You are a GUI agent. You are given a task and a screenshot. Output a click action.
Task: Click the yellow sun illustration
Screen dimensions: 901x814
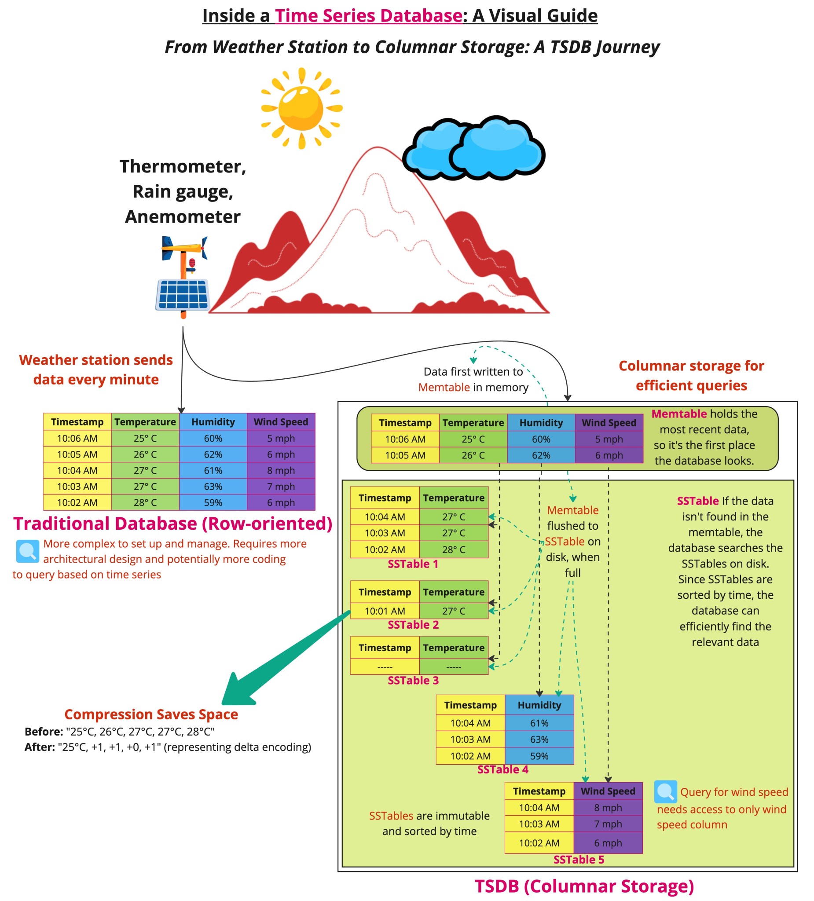(301, 108)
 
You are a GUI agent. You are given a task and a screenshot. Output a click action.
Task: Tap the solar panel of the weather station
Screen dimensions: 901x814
(183, 294)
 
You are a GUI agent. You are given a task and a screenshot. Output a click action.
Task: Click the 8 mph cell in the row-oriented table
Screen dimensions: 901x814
(281, 470)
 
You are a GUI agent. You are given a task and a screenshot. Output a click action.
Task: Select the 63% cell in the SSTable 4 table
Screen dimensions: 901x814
(539, 739)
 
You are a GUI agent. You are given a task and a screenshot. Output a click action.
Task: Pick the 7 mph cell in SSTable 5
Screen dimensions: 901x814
(608, 824)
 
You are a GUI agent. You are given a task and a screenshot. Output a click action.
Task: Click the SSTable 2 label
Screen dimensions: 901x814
(413, 625)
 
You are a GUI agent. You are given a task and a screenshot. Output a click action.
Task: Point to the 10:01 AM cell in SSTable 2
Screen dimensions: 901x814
(385, 611)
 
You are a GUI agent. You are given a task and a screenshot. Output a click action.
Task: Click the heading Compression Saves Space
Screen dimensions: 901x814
(151, 714)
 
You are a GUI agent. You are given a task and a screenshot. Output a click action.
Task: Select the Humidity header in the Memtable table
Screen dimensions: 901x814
(541, 423)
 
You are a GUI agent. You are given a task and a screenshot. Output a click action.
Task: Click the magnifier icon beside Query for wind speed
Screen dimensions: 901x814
(665, 791)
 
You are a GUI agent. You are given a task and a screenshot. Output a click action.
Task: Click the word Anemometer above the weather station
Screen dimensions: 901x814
(182, 217)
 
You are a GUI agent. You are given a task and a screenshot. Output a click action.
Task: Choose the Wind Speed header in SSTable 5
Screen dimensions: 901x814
(608, 791)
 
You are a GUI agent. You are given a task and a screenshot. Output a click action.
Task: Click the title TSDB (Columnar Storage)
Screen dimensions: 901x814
(584, 886)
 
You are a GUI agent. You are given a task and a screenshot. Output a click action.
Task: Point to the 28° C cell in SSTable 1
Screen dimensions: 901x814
(453, 550)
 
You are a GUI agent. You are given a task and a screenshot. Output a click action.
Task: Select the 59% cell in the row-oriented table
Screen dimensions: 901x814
(213, 502)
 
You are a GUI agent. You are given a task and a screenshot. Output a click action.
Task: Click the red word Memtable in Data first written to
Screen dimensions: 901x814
(444, 388)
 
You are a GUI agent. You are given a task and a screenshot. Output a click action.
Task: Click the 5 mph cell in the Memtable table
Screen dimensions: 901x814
(609, 440)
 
